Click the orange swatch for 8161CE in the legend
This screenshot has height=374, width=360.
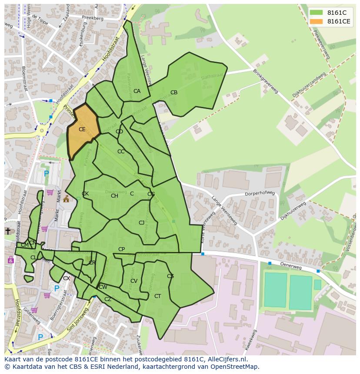tap(316, 21)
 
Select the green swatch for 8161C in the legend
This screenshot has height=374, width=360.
tap(316, 13)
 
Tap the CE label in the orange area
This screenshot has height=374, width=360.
tap(82, 129)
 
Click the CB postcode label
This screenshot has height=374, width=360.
tap(174, 93)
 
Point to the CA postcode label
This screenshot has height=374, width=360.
tap(137, 91)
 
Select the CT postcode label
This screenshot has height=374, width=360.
tap(158, 296)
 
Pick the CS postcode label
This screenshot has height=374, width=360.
tap(170, 276)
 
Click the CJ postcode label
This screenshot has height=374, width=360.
tap(141, 223)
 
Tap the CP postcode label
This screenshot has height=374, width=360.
tap(122, 249)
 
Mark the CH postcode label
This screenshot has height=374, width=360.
tap(114, 196)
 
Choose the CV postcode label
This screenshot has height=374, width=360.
tap(134, 281)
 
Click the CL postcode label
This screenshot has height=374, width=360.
tap(33, 258)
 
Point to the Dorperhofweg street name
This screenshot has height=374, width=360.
tap(260, 193)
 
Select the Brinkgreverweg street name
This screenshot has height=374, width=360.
tap(265, 81)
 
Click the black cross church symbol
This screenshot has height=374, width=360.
tap(8, 231)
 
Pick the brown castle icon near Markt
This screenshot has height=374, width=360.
tap(66, 199)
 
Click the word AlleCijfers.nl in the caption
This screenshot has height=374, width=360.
tap(227, 359)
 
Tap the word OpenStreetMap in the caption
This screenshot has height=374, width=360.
tap(236, 367)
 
